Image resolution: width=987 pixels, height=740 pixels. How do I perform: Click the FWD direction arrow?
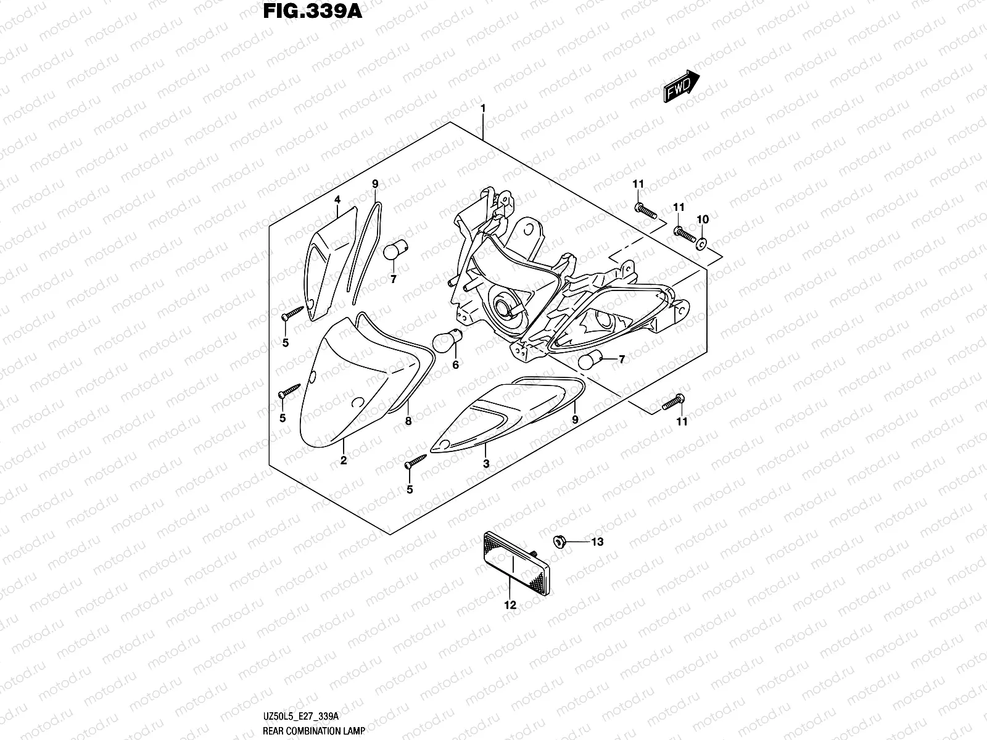tap(681, 86)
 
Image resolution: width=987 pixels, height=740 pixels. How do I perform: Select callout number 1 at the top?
tap(483, 109)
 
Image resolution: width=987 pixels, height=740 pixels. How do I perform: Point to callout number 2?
tap(344, 460)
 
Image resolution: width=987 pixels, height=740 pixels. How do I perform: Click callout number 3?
tap(486, 464)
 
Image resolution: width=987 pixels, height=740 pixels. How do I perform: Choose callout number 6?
tap(456, 365)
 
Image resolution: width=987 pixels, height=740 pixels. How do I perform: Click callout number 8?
tap(408, 422)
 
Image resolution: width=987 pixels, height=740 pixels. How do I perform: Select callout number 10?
tap(703, 220)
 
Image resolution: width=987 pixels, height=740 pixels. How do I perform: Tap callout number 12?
tap(510, 605)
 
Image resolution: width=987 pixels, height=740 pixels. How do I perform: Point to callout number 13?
tap(597, 542)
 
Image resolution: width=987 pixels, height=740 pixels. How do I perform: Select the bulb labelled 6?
tap(443, 341)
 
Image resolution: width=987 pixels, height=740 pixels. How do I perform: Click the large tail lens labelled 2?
tap(352, 382)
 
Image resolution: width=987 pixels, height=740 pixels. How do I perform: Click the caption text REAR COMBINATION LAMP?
tap(313, 731)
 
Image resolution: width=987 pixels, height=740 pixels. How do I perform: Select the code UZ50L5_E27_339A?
tap(300, 716)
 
